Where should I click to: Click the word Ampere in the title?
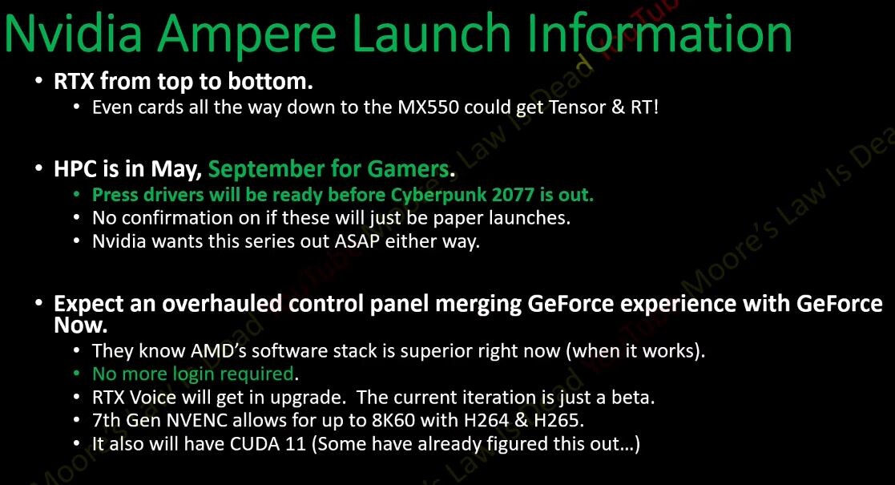pyautogui.click(x=247, y=34)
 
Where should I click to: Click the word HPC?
pyautogui.click(x=75, y=169)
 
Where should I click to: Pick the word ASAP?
pyautogui.click(x=357, y=241)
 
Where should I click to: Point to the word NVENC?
pyautogui.click(x=197, y=421)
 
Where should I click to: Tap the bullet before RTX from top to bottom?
pyautogui.click(x=38, y=82)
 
